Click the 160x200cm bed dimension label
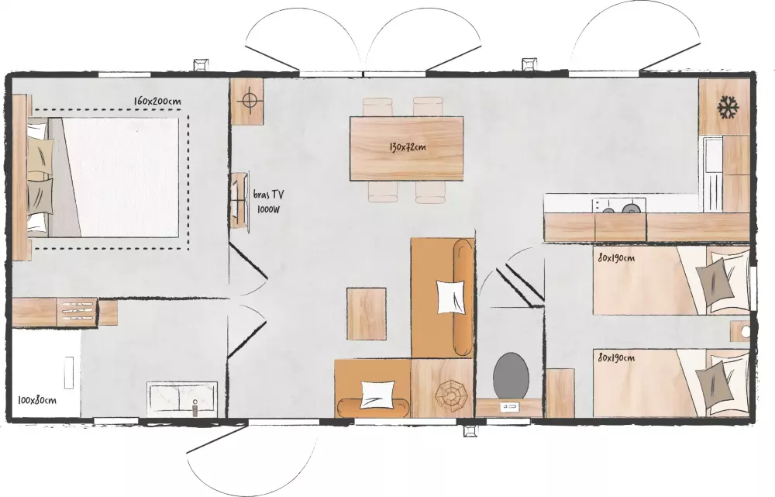coord(157,102)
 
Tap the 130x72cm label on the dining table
coord(407,147)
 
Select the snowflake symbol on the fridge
coord(728,107)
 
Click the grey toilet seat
coord(511,374)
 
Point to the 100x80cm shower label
coord(37,399)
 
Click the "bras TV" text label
coord(268,195)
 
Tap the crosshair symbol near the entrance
coord(247,101)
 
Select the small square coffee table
coord(367,314)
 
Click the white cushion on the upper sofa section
coord(451,296)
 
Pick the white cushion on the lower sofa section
coord(378,394)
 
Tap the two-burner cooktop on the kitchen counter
coord(619,206)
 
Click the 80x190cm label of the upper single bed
coord(616,258)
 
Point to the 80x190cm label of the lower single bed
coord(616,357)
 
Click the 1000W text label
coord(268,209)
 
